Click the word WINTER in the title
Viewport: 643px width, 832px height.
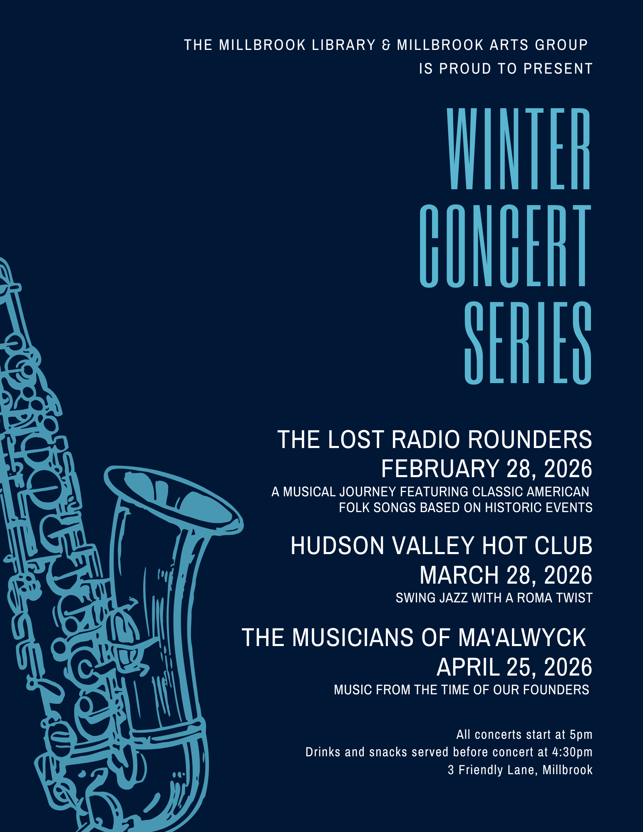(x=519, y=149)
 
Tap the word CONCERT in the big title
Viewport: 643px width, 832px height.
(x=505, y=246)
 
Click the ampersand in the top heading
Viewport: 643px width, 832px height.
(x=386, y=45)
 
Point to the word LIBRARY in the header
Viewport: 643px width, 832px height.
(x=344, y=45)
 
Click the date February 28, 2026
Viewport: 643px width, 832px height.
(x=487, y=469)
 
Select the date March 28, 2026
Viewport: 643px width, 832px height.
(x=506, y=575)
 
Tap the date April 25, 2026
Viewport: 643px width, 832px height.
(x=514, y=667)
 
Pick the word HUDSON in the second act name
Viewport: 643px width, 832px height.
(x=337, y=546)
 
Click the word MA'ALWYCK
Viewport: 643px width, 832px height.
(x=522, y=638)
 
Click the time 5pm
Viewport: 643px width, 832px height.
(x=581, y=735)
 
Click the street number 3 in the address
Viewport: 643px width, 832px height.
(x=451, y=770)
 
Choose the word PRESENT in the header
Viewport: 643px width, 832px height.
(x=558, y=69)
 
